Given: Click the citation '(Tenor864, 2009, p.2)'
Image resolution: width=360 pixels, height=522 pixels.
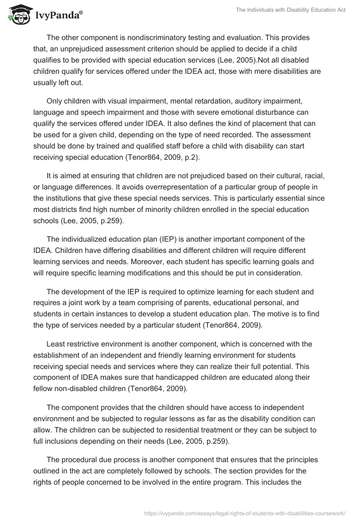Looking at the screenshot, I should [177, 157].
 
